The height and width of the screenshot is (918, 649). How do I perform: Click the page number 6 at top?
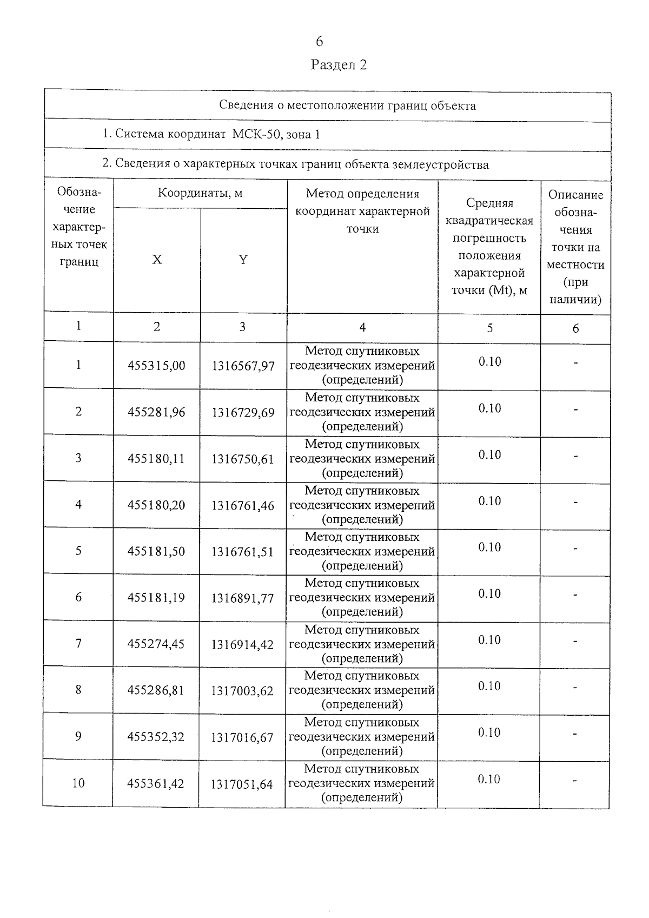(319, 42)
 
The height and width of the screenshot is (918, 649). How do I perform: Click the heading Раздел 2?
(339, 65)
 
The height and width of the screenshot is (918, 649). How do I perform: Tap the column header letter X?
(157, 260)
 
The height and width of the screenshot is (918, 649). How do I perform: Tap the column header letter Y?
(243, 260)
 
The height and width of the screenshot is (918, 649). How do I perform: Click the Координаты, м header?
(200, 194)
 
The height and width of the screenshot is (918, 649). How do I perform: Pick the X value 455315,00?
(156, 366)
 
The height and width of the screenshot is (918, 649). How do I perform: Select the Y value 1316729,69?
(243, 413)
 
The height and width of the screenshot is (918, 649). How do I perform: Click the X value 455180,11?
(156, 459)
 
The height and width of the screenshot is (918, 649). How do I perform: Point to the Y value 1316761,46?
(243, 506)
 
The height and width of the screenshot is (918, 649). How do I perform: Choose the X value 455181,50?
(156, 552)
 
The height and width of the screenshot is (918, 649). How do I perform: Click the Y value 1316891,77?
(243, 598)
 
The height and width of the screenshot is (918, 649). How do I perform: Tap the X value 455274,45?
(156, 645)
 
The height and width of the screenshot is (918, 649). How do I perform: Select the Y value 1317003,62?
(242, 691)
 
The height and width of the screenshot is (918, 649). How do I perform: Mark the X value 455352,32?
(156, 737)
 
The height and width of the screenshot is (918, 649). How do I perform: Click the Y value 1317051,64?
(242, 784)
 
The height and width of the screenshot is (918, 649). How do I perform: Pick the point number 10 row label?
(78, 783)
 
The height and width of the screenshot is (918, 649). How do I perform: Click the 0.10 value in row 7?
(489, 640)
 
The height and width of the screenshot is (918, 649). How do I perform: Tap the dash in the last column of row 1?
(575, 362)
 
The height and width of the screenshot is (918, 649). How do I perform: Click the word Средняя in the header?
(489, 203)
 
